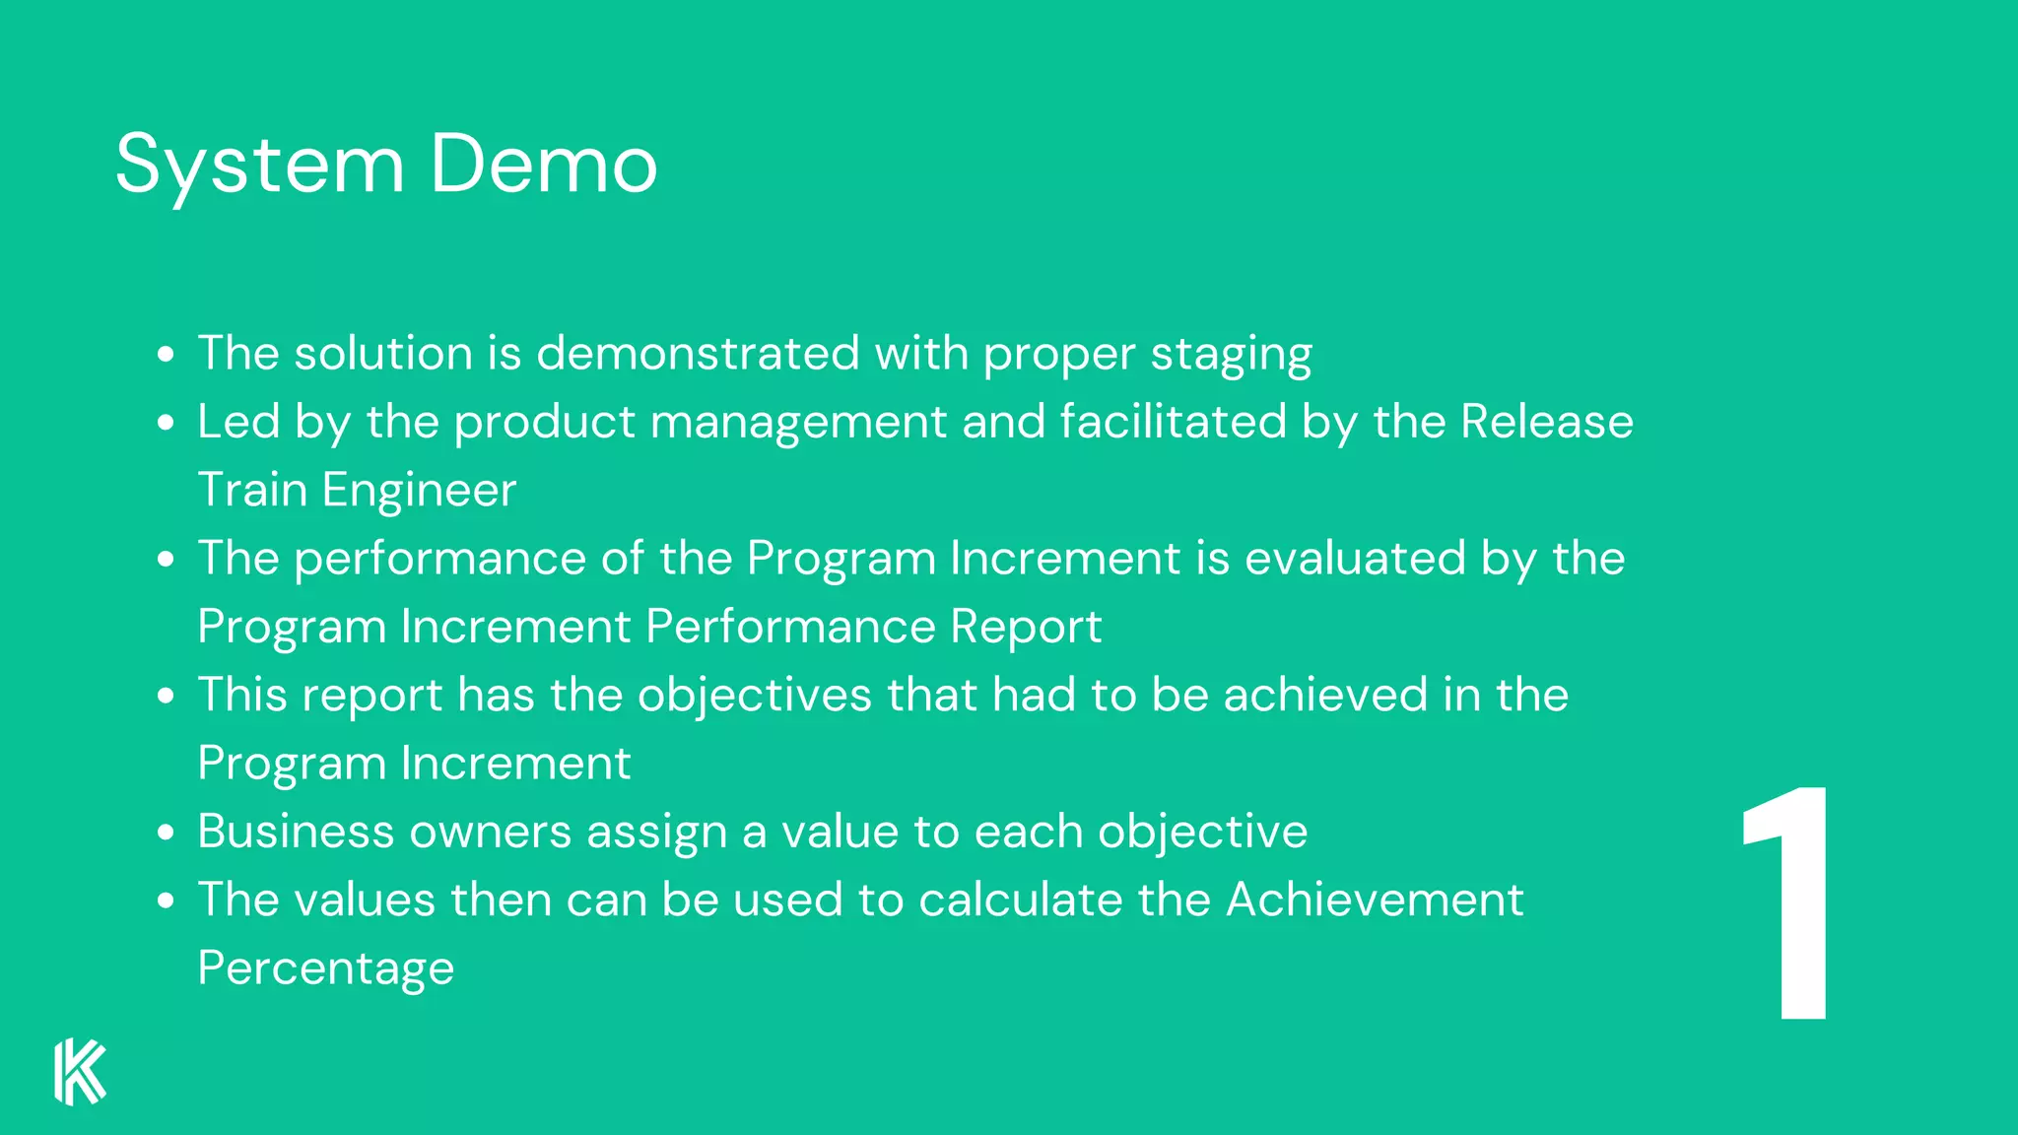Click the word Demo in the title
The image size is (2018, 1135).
tap(543, 165)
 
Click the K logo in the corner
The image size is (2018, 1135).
tap(80, 1071)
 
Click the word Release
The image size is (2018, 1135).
tap(1546, 422)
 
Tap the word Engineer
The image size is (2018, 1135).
tap(419, 490)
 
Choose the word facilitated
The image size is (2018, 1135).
tap(1174, 422)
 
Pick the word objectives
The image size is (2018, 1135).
tap(755, 695)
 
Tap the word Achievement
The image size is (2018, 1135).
tap(1375, 900)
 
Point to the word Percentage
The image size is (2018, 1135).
tap(326, 968)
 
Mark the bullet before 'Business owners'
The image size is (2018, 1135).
tap(166, 833)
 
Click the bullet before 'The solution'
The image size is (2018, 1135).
tap(166, 354)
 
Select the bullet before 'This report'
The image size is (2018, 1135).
tap(166, 696)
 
